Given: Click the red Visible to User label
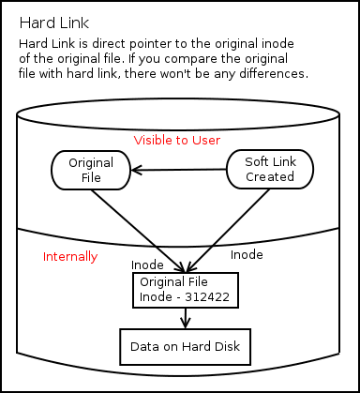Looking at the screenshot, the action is [x=176, y=140].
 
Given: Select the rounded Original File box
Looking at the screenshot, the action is [x=91, y=170].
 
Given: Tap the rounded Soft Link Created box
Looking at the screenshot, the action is [x=269, y=169].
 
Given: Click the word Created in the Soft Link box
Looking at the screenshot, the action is [x=270, y=176].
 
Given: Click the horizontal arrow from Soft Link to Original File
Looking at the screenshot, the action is [x=178, y=170].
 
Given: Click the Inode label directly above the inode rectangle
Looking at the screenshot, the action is [x=147, y=265].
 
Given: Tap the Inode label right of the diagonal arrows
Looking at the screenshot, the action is [x=247, y=254].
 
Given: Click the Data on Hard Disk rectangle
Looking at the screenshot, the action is [x=185, y=347].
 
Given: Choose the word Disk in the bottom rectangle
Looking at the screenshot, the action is [x=225, y=347].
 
